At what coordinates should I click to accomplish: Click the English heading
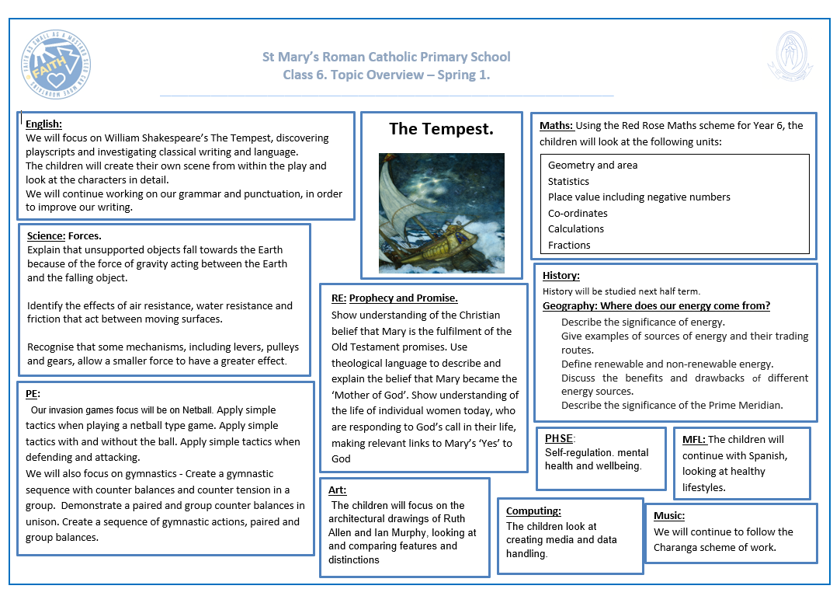point(43,124)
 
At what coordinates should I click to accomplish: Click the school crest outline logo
point(790,58)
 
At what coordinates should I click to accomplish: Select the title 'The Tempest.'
point(441,129)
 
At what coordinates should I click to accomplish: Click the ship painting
point(441,213)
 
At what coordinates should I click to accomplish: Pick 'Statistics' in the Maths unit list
point(568,181)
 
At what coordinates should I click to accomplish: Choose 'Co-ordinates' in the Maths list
point(578,213)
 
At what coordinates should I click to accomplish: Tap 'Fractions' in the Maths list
point(569,245)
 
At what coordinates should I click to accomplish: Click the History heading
point(561,276)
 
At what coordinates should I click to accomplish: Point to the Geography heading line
point(656,306)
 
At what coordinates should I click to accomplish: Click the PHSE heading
point(559,438)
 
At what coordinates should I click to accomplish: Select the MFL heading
point(694,439)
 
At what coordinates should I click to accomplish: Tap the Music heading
point(669,515)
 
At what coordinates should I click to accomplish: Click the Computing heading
point(533,511)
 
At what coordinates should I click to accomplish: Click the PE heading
point(32,394)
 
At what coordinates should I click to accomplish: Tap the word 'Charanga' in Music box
point(676,547)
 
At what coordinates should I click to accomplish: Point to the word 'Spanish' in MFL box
point(769,455)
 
